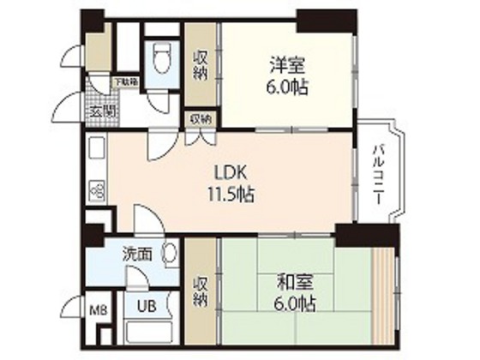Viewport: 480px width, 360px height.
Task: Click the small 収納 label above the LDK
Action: [x=201, y=118]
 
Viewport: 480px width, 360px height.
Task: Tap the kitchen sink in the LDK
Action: [x=96, y=151]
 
